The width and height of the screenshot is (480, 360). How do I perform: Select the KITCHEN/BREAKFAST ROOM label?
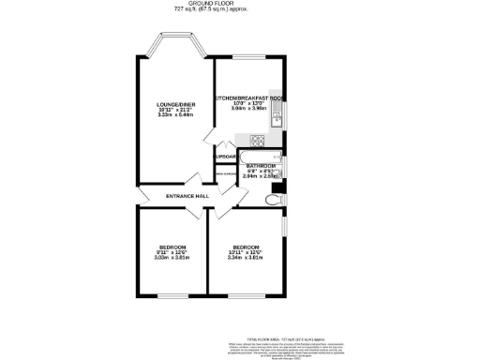[x=249, y=97]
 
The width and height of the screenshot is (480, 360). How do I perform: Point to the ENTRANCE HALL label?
[x=186, y=195]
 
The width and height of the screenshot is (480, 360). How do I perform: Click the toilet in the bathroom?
[x=274, y=199]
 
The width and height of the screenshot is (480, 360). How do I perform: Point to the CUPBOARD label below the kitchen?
[x=226, y=157]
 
